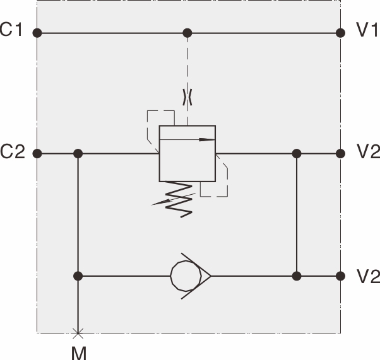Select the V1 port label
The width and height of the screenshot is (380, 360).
[367, 31]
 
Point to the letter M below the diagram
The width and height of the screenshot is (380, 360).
[78, 352]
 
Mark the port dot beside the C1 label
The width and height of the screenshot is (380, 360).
[37, 33]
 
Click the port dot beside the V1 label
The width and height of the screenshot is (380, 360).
[341, 33]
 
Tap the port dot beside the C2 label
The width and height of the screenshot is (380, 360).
[37, 153]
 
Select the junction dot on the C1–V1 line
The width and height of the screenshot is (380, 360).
[187, 33]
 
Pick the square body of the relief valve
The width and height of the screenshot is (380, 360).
[187, 153]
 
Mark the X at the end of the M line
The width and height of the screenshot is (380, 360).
[78, 332]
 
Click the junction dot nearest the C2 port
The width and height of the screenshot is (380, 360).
[78, 153]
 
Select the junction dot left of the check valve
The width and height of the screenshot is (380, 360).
[78, 276]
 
